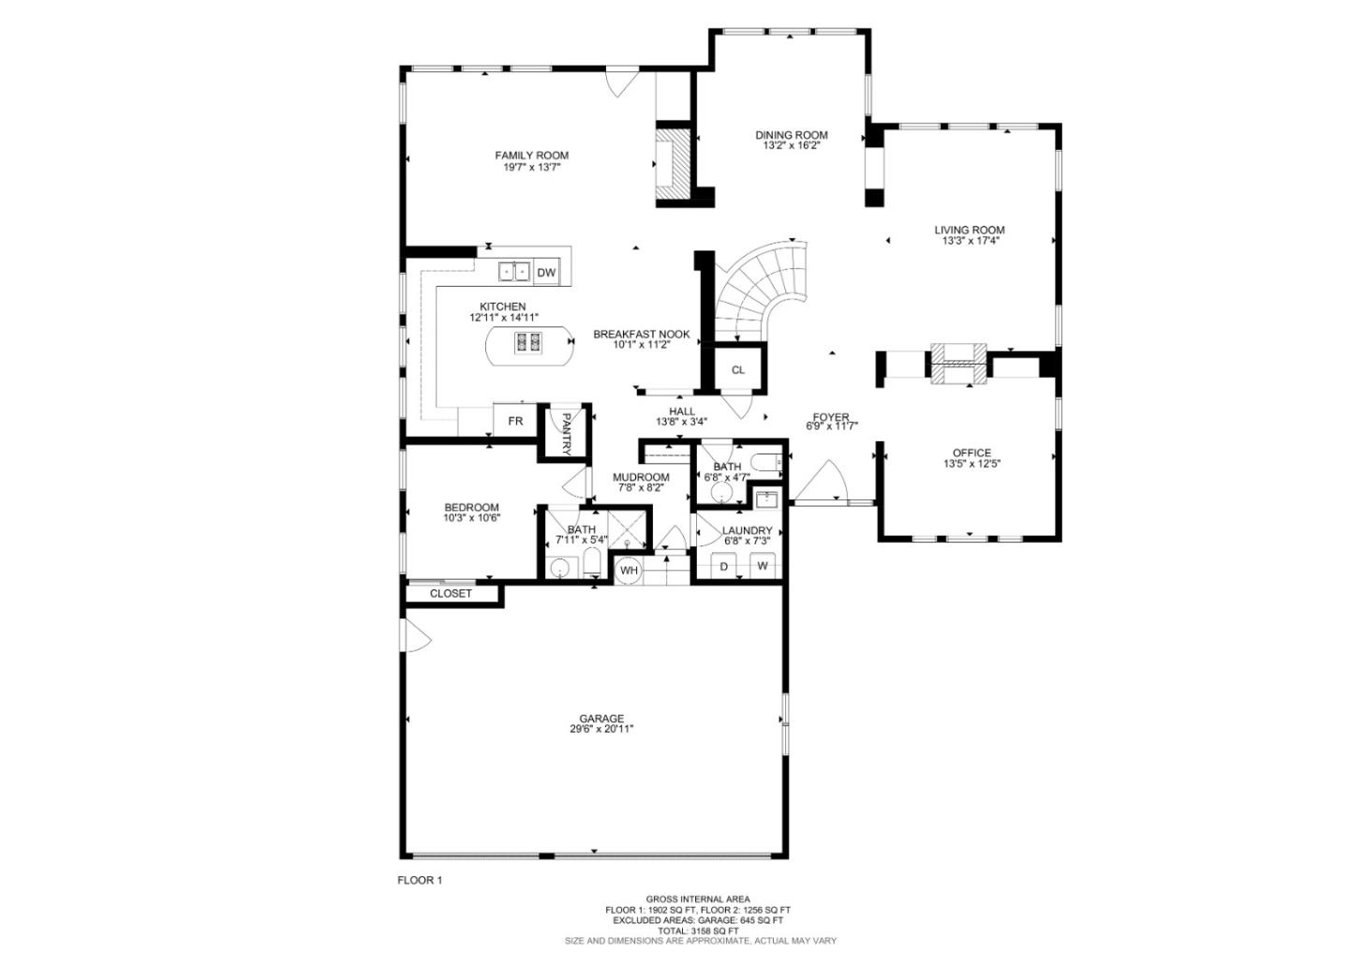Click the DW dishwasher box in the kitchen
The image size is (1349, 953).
546,273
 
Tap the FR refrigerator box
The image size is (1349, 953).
514,421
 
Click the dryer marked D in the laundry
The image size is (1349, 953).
723,566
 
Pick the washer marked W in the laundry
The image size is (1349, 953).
763,566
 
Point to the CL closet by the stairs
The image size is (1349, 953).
738,369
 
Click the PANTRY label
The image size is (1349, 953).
567,433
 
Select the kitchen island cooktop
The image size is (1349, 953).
527,343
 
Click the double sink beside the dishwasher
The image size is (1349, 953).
513,272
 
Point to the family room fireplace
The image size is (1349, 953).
671,166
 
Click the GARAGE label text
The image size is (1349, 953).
600,719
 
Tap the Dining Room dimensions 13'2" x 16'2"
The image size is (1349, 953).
792,146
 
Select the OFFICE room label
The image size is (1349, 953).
971,453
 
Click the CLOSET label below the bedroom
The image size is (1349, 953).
451,593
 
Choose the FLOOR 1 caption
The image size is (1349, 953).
420,880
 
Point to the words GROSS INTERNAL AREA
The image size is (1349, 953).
697,899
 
